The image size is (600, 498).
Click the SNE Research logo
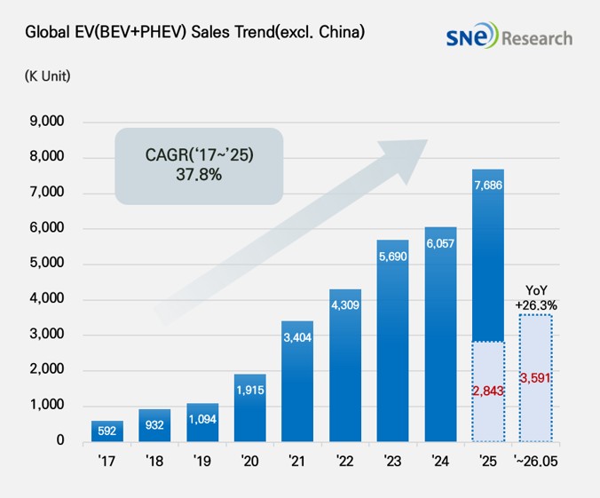[509, 36]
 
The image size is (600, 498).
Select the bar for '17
[107, 431]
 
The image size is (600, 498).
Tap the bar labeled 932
[154, 425]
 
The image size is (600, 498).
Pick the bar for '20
[250, 407]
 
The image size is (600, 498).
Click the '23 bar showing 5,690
[392, 341]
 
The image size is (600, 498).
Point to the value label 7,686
[488, 186]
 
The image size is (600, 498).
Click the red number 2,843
[488, 391]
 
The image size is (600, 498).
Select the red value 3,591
[535, 378]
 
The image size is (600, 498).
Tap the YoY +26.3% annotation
[536, 297]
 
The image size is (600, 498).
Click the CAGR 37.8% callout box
[199, 166]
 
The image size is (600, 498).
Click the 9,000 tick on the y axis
[47, 122]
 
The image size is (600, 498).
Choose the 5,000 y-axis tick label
[47, 263]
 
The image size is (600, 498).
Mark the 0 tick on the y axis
[60, 440]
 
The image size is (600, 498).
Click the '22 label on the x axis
[344, 461]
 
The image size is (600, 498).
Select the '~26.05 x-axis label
[536, 461]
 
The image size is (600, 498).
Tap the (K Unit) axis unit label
[47, 75]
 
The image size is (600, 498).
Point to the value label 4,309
[345, 305]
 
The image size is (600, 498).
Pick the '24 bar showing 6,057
[440, 334]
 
